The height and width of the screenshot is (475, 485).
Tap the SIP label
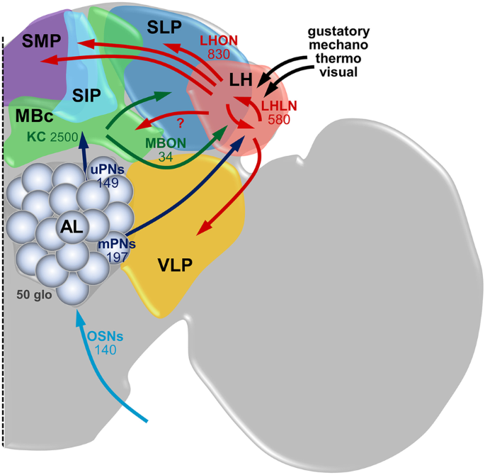86,95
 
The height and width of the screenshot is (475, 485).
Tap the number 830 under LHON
221,54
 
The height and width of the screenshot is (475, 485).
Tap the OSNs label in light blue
103,335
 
